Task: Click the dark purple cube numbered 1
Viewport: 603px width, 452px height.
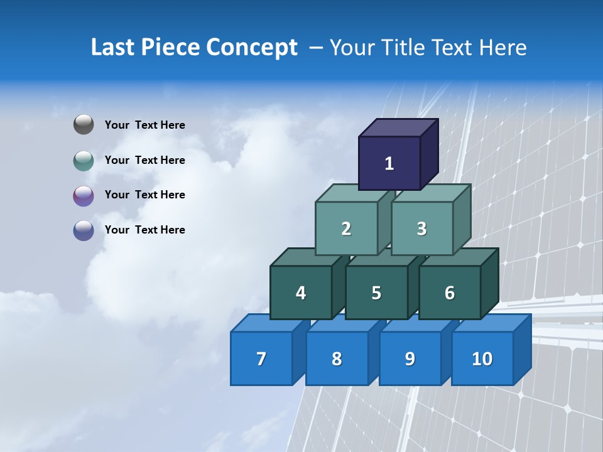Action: (x=389, y=163)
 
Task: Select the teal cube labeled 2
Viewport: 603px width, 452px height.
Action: (x=346, y=229)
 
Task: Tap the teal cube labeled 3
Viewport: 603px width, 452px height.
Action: (x=421, y=229)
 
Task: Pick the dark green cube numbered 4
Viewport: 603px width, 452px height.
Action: (x=301, y=293)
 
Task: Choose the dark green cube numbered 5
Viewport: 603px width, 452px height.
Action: (x=376, y=293)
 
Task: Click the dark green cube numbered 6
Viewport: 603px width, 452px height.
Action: (x=449, y=293)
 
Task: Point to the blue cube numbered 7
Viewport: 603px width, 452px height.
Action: (x=261, y=358)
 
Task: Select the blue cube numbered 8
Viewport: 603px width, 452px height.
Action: (x=337, y=358)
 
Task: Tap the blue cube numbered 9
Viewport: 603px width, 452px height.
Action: (x=410, y=358)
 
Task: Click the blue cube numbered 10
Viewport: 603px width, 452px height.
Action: (x=482, y=358)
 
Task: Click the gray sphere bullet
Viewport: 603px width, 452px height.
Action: (x=84, y=125)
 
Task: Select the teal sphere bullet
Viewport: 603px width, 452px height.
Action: (x=84, y=160)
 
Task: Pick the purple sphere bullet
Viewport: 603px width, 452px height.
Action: (x=84, y=195)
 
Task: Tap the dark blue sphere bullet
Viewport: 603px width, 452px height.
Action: (x=84, y=230)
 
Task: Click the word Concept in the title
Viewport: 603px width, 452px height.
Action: (x=252, y=48)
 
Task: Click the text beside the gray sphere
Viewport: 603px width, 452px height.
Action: (x=145, y=125)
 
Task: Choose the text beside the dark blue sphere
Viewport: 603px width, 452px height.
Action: (x=145, y=230)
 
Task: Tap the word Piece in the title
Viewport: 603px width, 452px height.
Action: (x=169, y=48)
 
